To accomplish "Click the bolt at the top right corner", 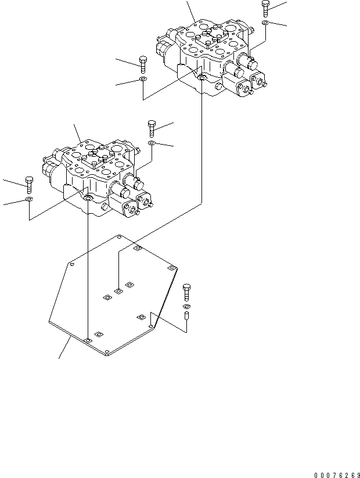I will coord(265,8).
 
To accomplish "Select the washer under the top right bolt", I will coord(265,23).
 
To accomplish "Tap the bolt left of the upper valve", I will coord(143,64).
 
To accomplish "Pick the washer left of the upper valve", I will coord(143,79).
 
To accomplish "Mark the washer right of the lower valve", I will coord(152,142).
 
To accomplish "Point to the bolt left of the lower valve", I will coord(29,184).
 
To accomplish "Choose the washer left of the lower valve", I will coord(29,199).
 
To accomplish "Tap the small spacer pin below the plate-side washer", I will coord(186,316).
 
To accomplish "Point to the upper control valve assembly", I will coord(212,55).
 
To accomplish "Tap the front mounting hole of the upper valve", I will coord(201,78).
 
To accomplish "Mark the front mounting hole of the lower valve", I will coord(87,199).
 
